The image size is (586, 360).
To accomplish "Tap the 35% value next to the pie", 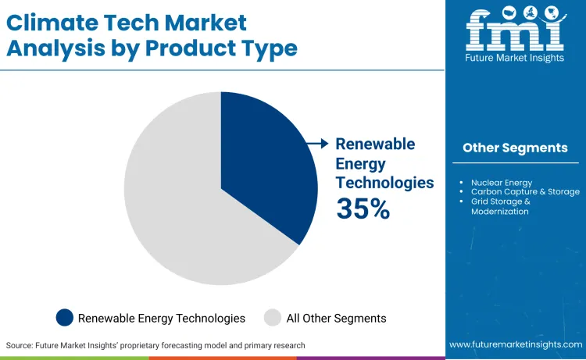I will click(x=363, y=209).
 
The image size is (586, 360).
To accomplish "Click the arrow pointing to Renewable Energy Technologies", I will click(x=317, y=144).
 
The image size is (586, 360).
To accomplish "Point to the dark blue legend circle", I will click(x=65, y=318).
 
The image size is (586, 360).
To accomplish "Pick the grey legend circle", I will click(x=273, y=318).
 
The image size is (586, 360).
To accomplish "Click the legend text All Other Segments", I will click(x=336, y=318).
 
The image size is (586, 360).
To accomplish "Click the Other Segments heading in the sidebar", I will click(x=515, y=148).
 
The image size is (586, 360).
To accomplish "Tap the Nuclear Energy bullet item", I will click(x=501, y=183).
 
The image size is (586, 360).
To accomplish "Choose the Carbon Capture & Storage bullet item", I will click(x=525, y=191).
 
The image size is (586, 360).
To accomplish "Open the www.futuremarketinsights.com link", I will click(x=515, y=344).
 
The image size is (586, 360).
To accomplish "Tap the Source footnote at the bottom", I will click(x=155, y=345).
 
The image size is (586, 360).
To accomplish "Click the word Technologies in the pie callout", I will click(x=384, y=183).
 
